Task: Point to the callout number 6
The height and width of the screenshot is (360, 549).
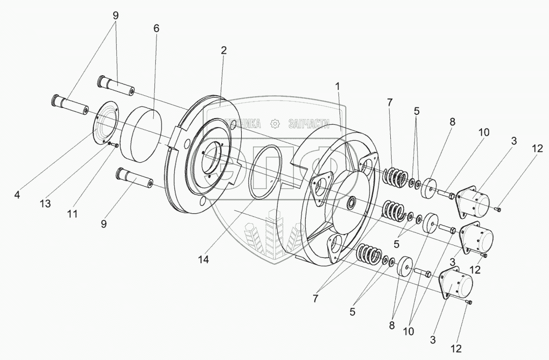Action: tap(156, 28)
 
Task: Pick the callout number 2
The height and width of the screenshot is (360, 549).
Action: tap(224, 50)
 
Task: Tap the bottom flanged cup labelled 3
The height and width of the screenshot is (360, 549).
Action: tap(457, 284)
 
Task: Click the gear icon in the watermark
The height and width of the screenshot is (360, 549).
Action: tap(275, 124)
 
